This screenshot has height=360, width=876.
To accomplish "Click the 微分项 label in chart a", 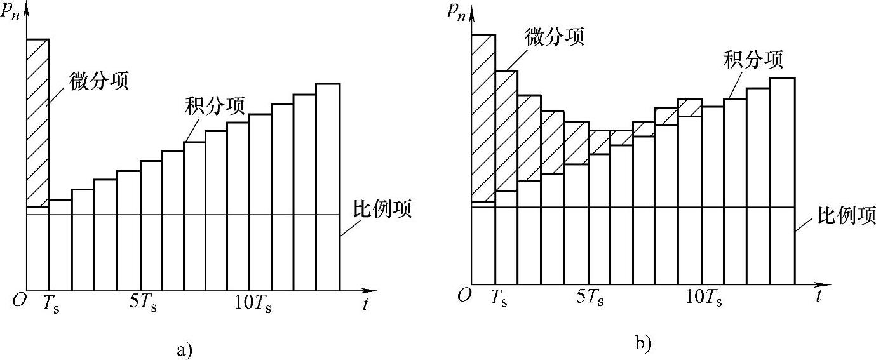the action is click(x=100, y=81).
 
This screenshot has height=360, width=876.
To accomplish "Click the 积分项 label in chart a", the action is click(x=215, y=106).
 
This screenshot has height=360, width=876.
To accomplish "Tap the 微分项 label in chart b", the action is click(x=554, y=36).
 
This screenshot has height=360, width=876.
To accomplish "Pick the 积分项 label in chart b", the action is click(x=753, y=60).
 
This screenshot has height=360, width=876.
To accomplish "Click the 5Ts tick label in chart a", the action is click(x=144, y=303).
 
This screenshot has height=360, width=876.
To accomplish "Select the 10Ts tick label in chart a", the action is click(x=253, y=303).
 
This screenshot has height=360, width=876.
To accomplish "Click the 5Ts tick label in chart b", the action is click(x=590, y=297).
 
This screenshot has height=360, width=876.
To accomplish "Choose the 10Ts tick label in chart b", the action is click(x=704, y=297).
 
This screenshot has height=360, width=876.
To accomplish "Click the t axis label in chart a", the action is click(x=366, y=305).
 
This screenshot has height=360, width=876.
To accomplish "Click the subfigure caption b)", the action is click(x=642, y=343).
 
